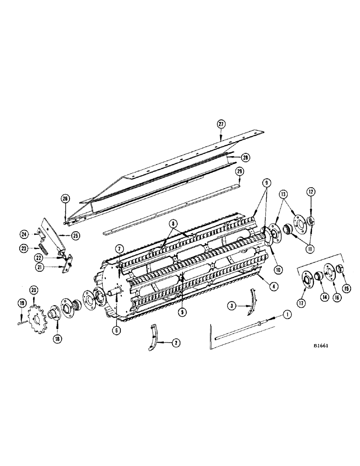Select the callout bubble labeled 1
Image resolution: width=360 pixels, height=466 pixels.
click(x=286, y=315)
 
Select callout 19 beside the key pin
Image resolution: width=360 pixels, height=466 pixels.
click(x=21, y=303)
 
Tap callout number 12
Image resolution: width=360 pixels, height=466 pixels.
click(x=311, y=192)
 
